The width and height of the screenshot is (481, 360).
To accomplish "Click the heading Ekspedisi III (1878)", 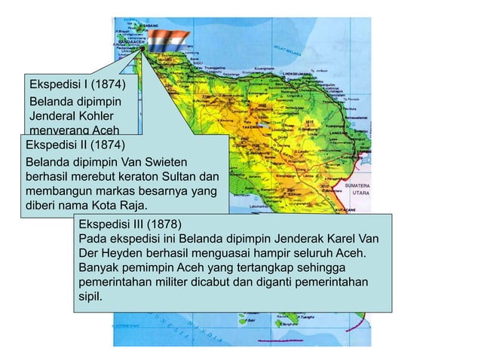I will tap(130, 224).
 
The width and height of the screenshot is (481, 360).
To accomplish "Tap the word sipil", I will tap(88, 296).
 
